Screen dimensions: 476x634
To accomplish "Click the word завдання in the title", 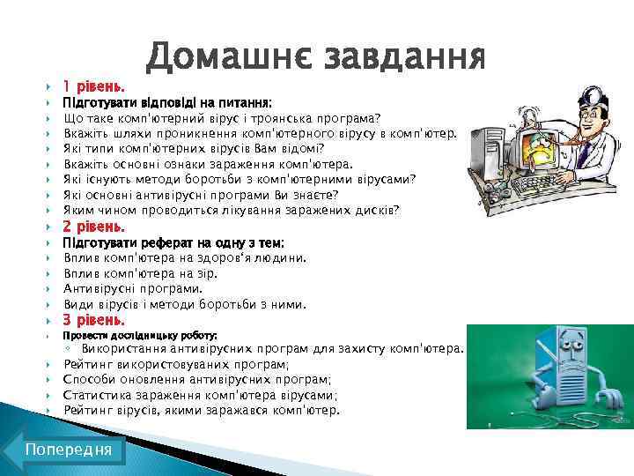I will click(404, 57).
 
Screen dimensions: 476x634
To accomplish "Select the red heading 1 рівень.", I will click(93, 86).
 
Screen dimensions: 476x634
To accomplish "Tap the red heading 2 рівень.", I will click(94, 227).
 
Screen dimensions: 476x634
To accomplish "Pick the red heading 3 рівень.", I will click(94, 320).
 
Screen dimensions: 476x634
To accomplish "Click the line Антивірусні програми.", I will click(133, 288).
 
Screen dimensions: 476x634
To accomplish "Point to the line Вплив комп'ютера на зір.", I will click(141, 273).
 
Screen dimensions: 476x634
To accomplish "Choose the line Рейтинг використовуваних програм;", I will click(176, 364).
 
